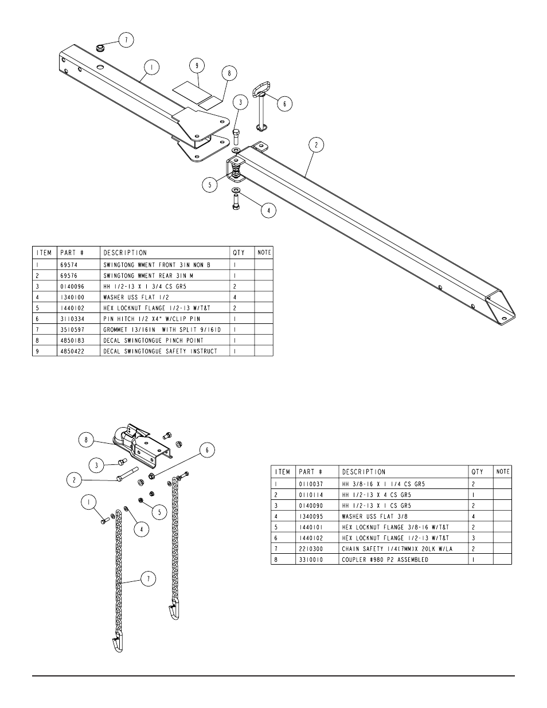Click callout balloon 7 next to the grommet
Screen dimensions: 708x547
pos(126,40)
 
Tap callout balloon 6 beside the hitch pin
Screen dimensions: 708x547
pos(284,103)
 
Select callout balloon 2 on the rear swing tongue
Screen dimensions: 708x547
pos(315,146)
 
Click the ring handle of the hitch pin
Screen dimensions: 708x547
pos(260,91)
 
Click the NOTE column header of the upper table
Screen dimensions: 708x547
pos(264,252)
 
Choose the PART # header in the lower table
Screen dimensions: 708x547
pos(310,472)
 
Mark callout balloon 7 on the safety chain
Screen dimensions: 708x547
pos(148,579)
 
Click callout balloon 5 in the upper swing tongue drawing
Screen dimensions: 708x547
pos(210,185)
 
